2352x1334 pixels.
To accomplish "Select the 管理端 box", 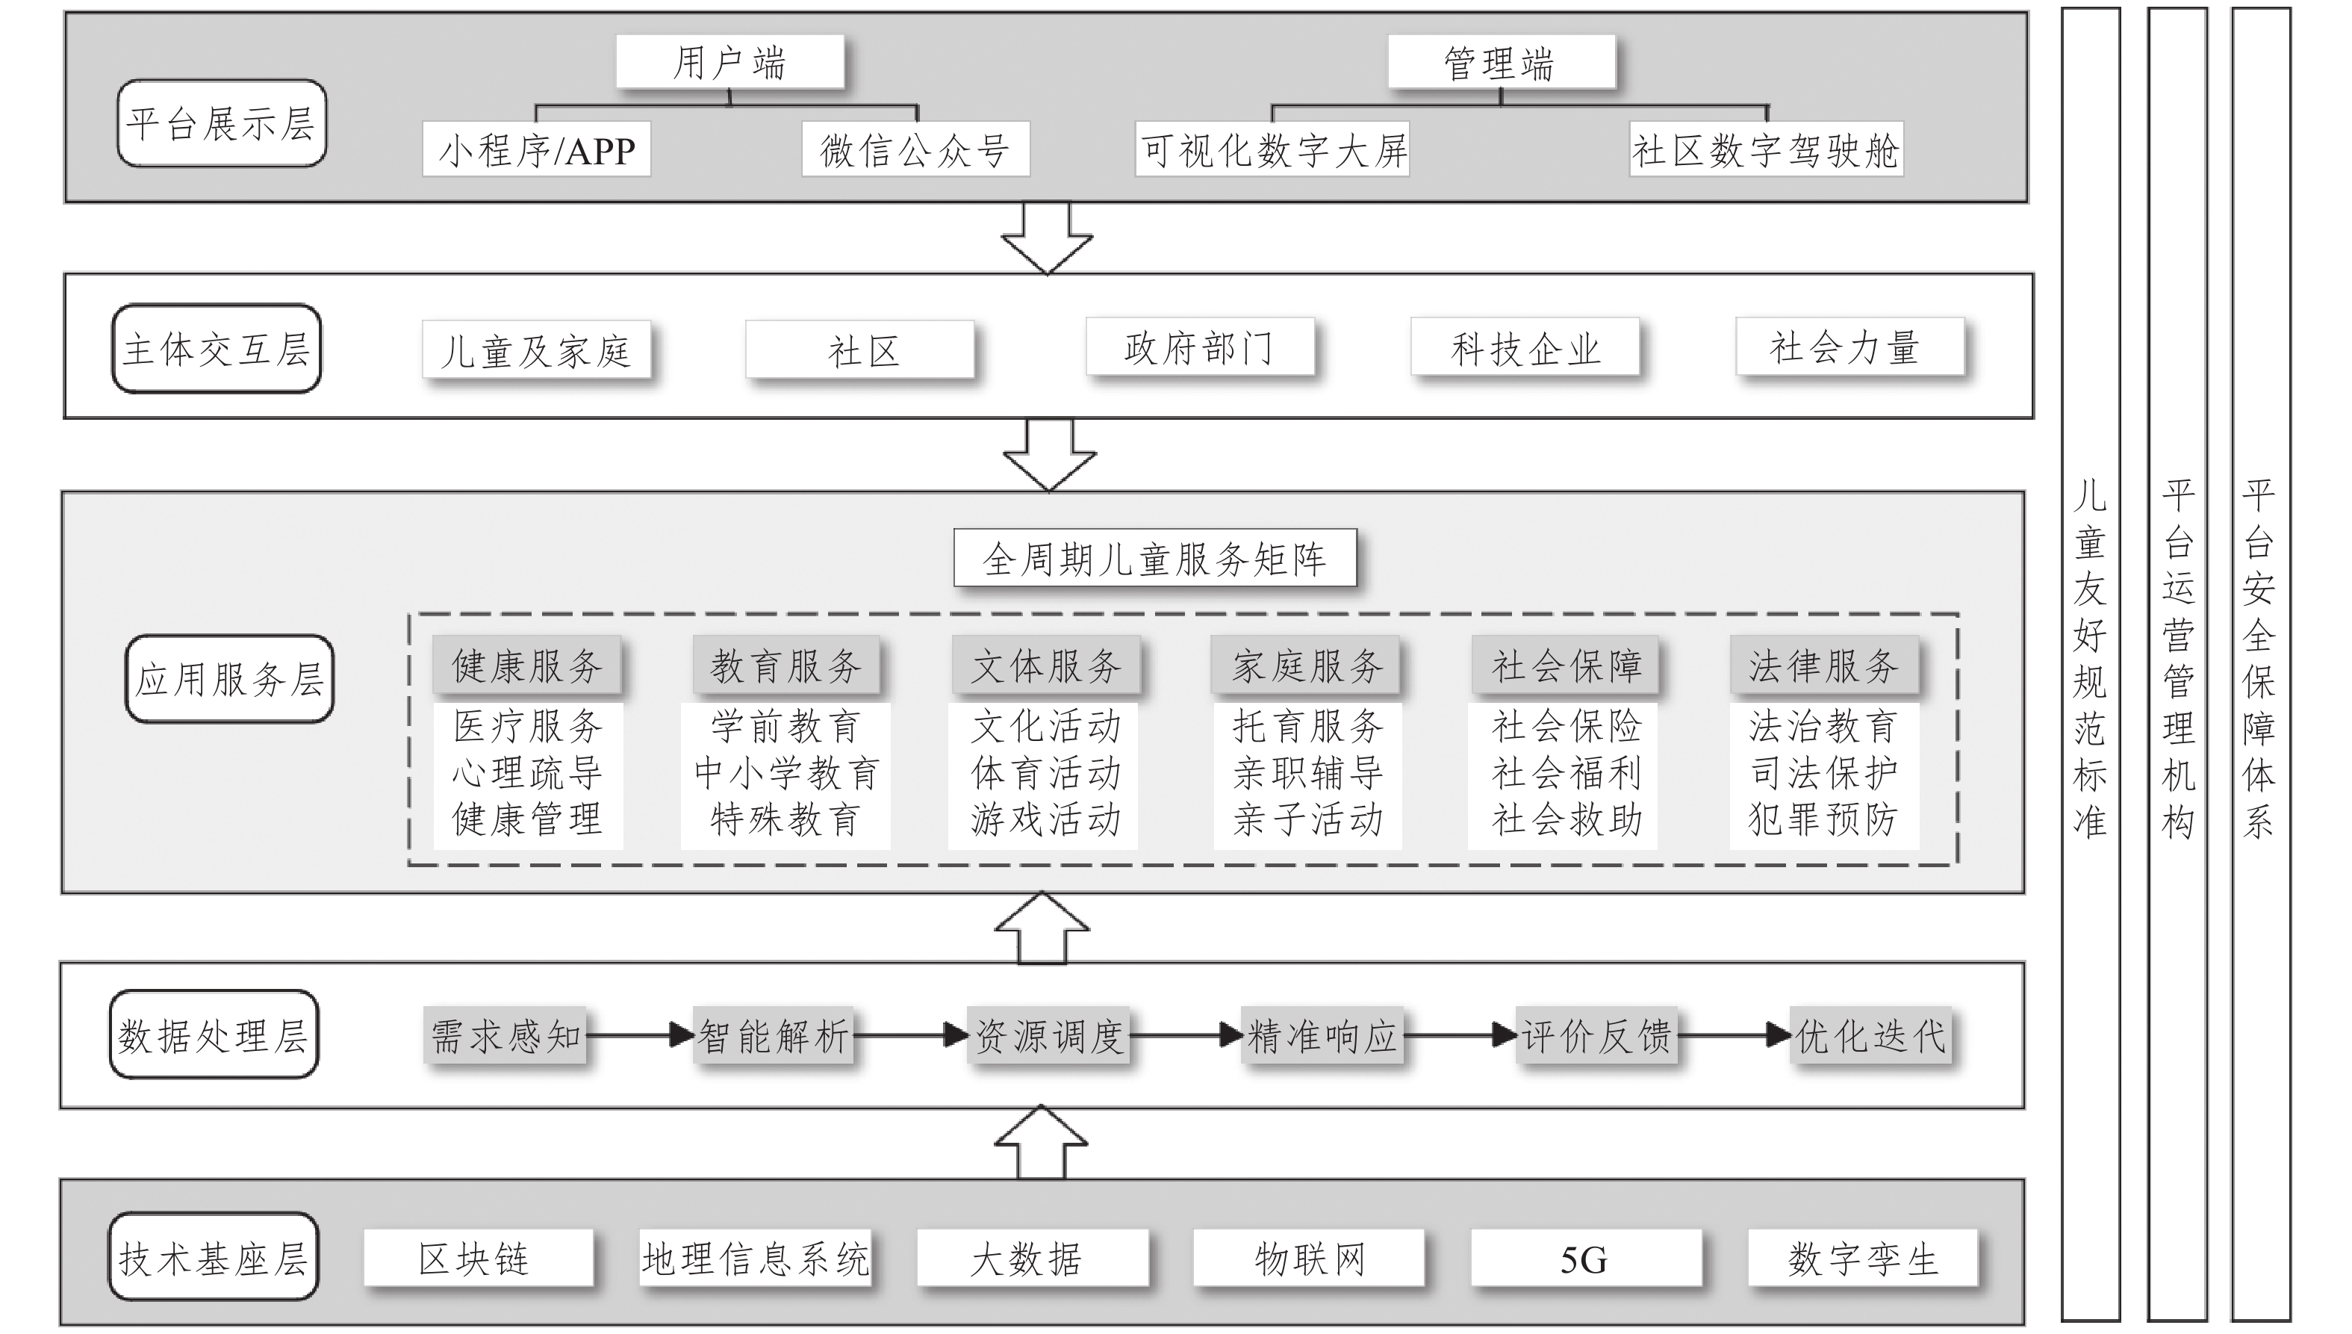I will (1500, 62).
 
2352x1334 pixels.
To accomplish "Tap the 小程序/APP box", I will (537, 149).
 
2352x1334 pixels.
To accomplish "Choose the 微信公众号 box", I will (915, 149).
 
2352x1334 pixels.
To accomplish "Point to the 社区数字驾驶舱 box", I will (1766, 149).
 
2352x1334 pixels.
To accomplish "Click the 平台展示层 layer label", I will (222, 122).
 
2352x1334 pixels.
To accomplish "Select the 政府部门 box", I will (1200, 347).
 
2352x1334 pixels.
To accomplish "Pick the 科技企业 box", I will (1525, 347).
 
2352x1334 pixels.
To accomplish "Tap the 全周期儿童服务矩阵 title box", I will (1154, 558).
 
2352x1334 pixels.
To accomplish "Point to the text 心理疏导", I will (526, 772).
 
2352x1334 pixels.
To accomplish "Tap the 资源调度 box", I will (1048, 1036).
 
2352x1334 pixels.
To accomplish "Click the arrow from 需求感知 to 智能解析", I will (639, 1035).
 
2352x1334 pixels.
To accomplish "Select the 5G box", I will (1584, 1259).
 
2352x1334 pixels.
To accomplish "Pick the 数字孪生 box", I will (1863, 1259).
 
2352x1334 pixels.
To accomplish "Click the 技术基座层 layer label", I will (214, 1257).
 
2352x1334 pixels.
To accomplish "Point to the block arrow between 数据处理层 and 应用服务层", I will (1042, 928).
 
